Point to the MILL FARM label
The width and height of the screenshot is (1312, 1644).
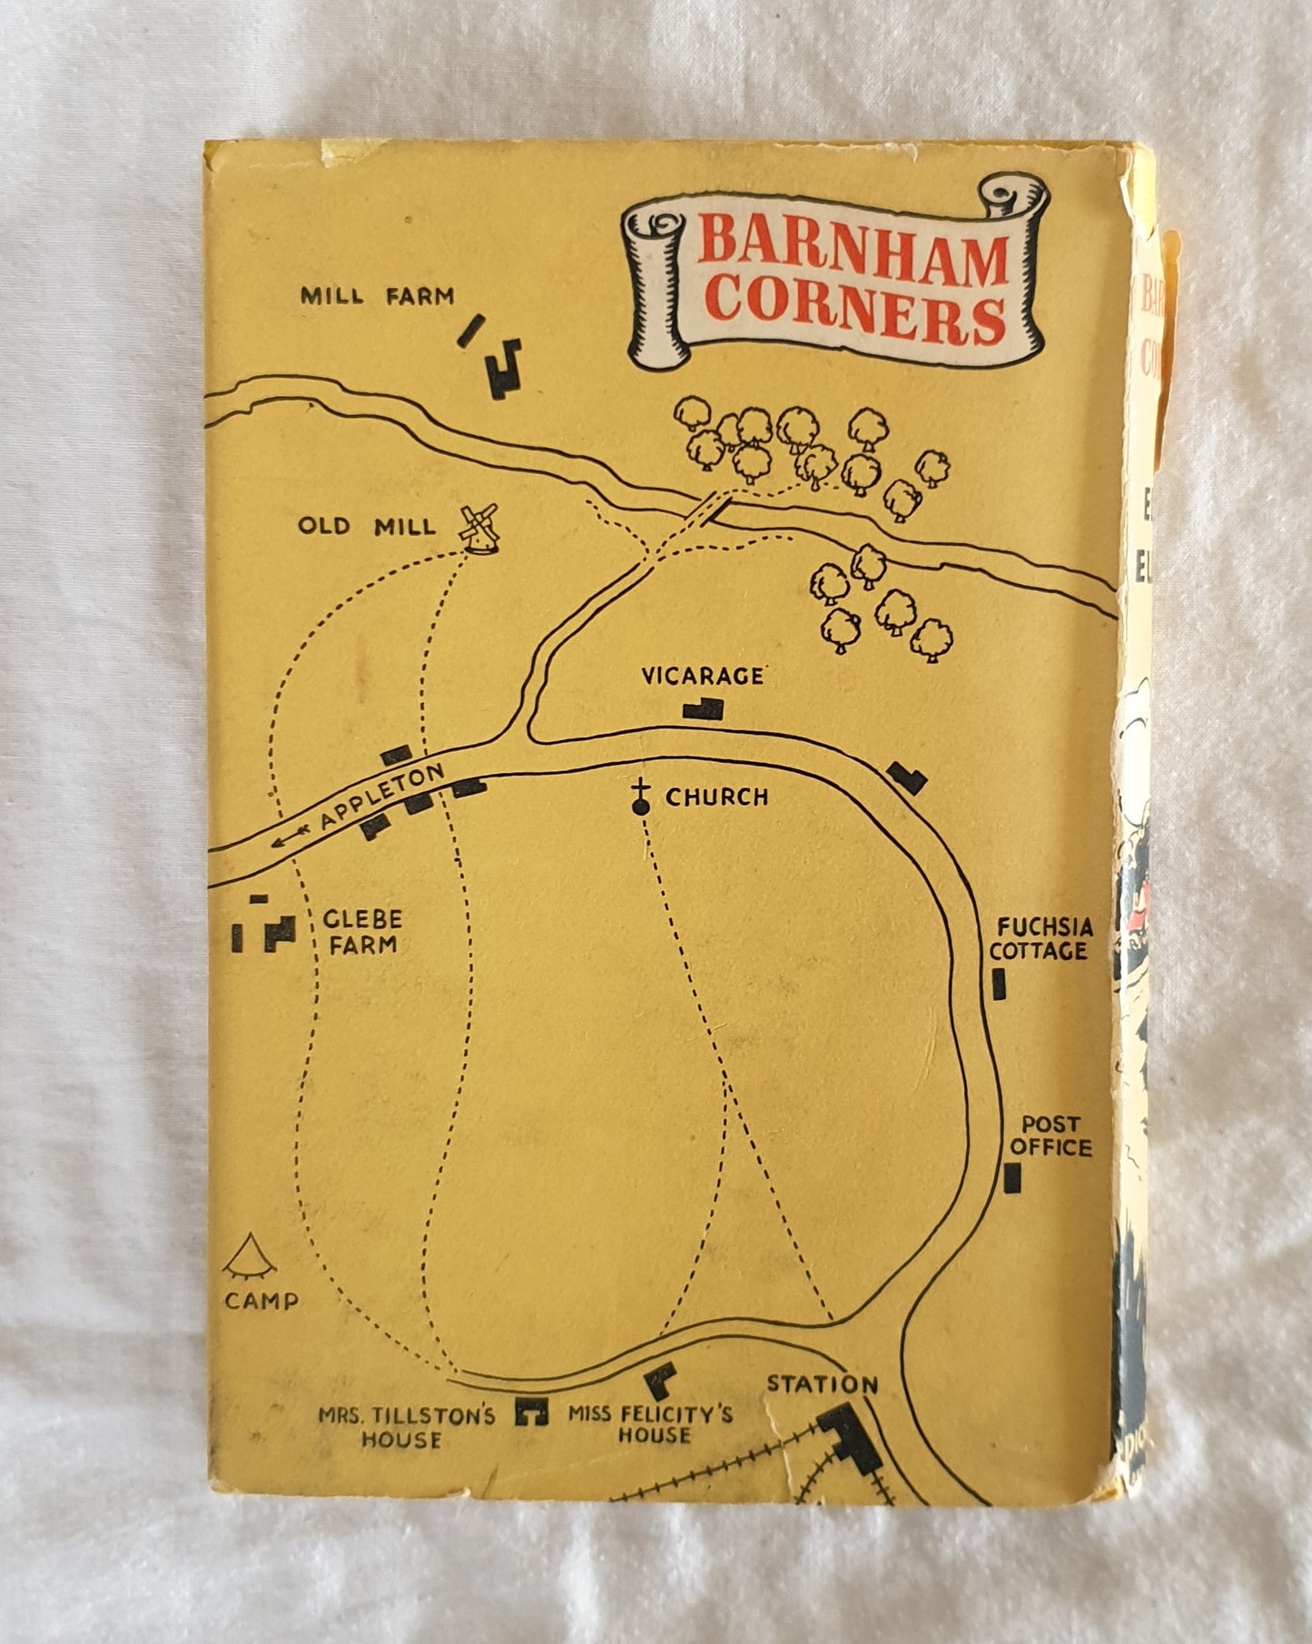377,296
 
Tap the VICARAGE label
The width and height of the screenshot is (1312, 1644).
703,676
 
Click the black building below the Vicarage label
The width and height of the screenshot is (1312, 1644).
705,708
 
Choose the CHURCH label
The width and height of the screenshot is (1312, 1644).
716,797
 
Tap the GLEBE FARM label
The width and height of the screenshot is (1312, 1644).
362,931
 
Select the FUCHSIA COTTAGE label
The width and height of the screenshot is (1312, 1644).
1039,939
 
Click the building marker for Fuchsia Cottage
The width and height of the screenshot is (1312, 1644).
1001,985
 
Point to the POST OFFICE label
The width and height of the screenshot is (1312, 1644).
1051,1135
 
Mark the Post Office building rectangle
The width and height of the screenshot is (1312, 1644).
1011,1177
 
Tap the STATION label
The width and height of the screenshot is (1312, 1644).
823,1383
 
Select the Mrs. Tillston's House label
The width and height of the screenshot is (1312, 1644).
406,1427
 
